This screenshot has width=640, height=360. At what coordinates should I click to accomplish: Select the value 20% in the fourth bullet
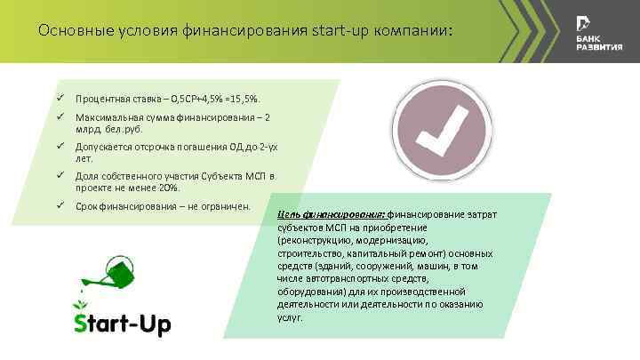(170, 188)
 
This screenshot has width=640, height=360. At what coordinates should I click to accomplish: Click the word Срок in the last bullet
(86, 207)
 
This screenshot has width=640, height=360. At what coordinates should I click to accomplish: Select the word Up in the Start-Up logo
(154, 322)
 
